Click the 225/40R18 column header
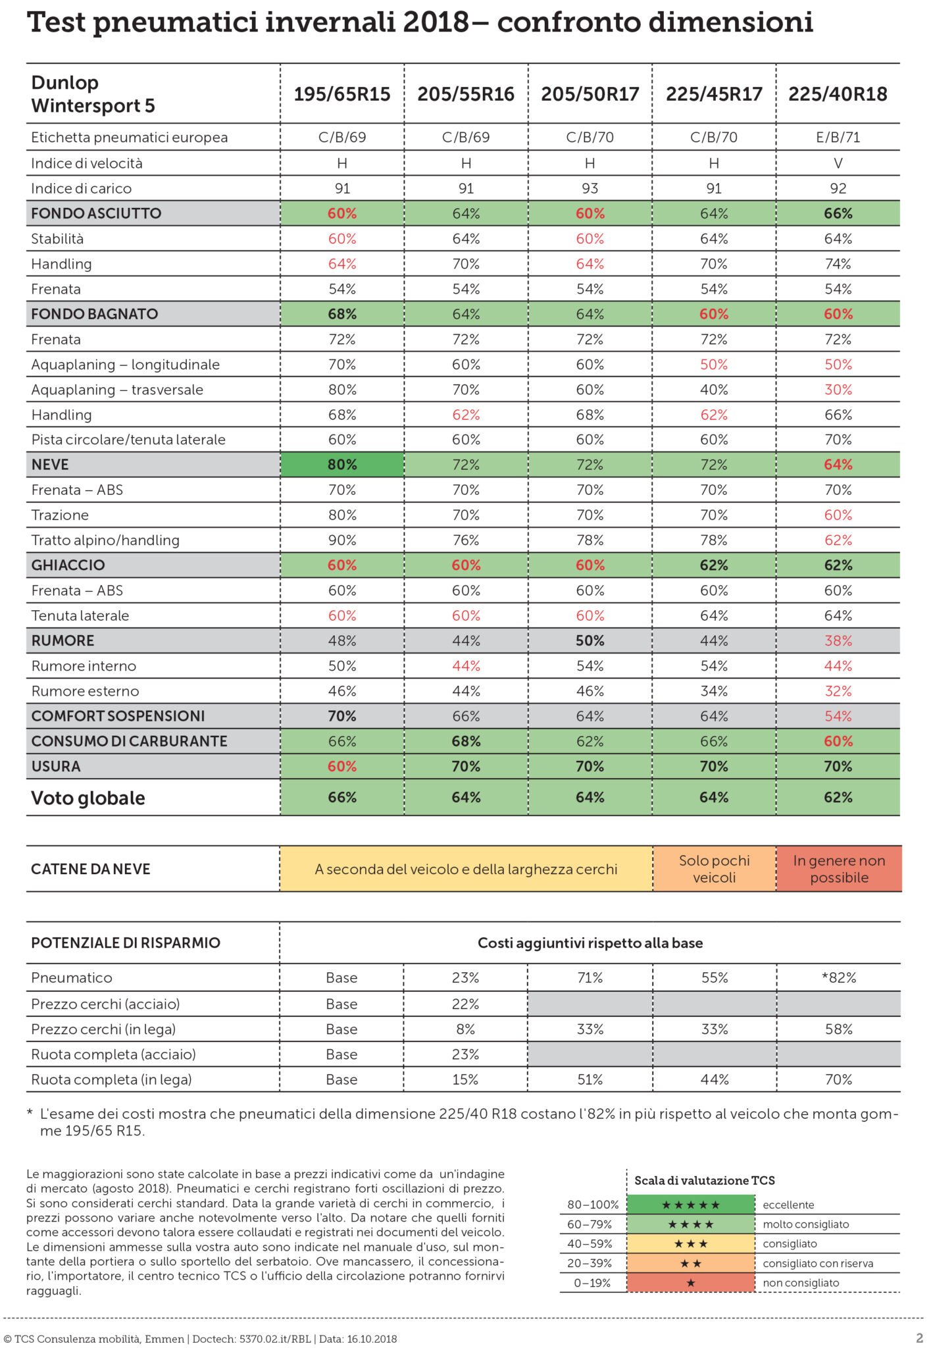point(838,94)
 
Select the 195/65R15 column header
point(342,94)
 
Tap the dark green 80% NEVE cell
point(342,465)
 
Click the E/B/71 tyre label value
point(838,138)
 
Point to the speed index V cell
point(838,163)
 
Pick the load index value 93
point(590,188)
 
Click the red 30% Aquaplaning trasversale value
point(838,390)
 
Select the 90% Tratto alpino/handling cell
point(342,540)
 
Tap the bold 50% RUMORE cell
point(590,640)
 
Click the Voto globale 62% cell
point(838,798)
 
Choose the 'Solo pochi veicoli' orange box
point(714,869)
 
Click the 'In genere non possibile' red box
point(839,869)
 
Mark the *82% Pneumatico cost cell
point(839,978)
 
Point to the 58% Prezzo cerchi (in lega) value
point(839,1029)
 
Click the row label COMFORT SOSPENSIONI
point(118,716)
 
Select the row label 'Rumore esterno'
point(85,691)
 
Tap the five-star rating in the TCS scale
point(690,1205)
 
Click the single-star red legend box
point(690,1283)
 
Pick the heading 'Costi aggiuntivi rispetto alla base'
point(590,943)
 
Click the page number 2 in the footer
point(919,1338)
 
